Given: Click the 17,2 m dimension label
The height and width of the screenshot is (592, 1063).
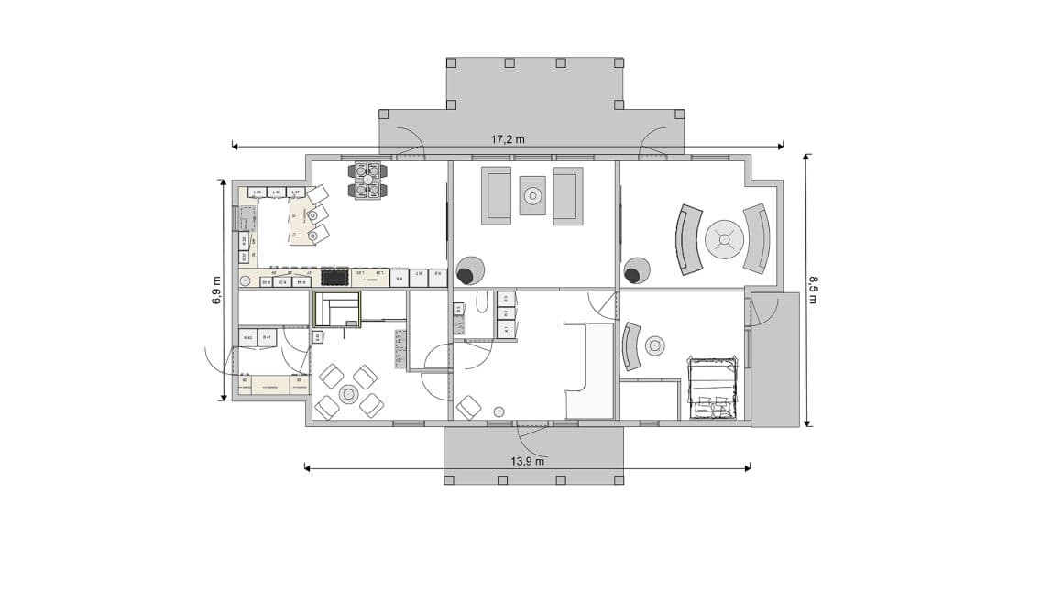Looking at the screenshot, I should point(508,139).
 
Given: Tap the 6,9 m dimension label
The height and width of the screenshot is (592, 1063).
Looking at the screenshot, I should point(216,291).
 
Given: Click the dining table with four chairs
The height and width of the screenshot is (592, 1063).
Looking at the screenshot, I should point(367,181).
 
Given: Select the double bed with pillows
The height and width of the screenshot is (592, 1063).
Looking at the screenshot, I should point(712,388).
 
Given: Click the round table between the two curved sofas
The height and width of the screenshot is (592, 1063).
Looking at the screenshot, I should point(724,240).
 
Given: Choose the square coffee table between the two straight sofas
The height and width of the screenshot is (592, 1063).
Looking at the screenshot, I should point(532,195).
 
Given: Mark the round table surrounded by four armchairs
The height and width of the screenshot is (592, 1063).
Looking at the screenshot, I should point(348,394).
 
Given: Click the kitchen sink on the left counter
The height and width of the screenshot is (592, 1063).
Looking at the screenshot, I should point(247,220).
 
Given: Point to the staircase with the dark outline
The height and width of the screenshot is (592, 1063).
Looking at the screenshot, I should point(337,310).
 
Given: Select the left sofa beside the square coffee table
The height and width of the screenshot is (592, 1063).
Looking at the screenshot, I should point(497,195).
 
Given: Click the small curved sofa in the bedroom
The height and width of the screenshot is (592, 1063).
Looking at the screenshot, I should point(631,346).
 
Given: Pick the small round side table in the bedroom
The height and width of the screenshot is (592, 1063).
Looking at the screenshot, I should point(654,345).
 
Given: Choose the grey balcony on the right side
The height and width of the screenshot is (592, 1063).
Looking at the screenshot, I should point(775,359).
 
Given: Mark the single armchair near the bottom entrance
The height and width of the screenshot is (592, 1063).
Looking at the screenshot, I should point(469,406).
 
